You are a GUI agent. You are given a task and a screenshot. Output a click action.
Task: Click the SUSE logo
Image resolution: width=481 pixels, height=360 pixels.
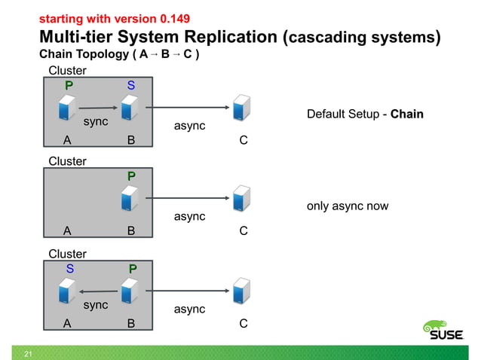pos(442,332)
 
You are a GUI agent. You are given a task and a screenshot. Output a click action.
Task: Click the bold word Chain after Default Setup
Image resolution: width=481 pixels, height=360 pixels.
pos(407,114)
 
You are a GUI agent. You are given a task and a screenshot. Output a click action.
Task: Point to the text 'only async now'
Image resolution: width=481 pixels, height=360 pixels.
pos(348,206)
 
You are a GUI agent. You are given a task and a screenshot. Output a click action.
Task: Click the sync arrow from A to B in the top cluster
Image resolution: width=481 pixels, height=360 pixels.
pos(94,108)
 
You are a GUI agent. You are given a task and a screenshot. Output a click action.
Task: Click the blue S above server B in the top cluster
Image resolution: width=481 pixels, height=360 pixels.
pos(131,86)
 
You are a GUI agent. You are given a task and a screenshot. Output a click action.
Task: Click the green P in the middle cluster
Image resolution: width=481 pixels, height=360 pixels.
pos(131,175)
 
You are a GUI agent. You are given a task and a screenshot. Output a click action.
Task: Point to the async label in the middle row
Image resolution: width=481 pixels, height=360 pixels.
pos(189,217)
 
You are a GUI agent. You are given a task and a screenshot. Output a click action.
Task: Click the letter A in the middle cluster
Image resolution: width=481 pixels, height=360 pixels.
pos(69,232)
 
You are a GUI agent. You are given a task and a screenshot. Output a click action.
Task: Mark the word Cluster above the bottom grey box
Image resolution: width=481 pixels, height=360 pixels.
pos(67,254)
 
